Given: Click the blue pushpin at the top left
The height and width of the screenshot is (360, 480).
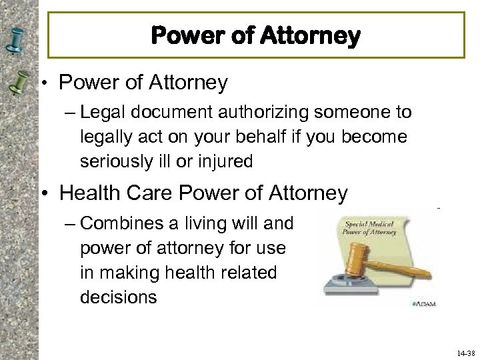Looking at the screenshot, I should point(14,37).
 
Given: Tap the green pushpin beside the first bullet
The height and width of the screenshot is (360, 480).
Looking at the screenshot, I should point(15,83).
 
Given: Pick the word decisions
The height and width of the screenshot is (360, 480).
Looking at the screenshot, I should point(119,297).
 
